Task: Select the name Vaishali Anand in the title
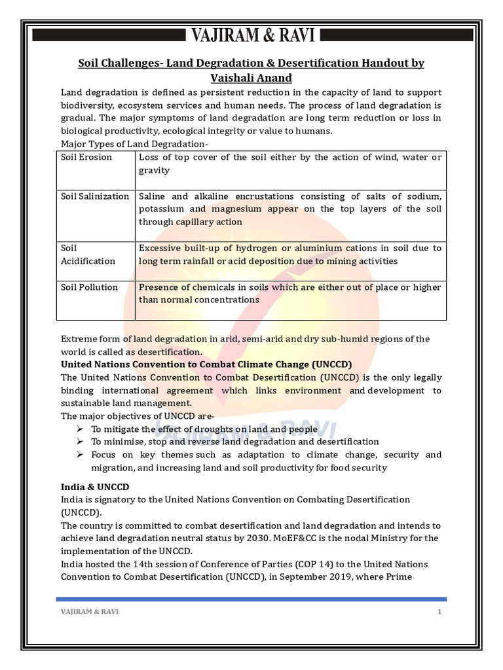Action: (x=251, y=78)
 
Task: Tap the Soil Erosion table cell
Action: (x=86, y=157)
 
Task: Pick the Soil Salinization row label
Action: (x=95, y=196)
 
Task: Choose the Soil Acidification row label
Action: (x=88, y=255)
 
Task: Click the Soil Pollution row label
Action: (x=89, y=287)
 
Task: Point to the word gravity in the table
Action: (x=154, y=170)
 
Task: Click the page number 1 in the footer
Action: (x=440, y=612)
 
